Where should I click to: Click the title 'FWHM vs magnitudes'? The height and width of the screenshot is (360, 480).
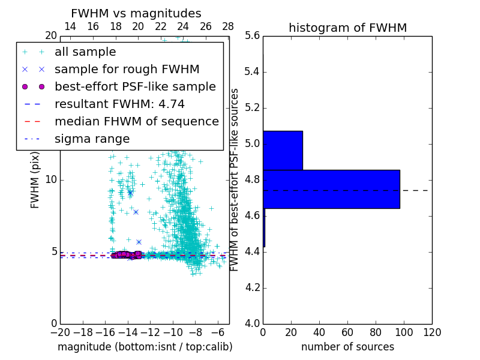coord(136,13)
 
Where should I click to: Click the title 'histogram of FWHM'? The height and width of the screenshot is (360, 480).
coord(347,28)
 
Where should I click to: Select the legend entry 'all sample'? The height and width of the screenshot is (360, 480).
coord(85,52)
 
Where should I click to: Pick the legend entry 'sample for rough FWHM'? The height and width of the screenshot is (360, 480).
coord(127,69)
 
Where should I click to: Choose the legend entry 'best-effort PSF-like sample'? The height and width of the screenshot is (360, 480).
coord(135,86)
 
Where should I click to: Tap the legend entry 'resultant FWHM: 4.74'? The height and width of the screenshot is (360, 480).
coord(119,104)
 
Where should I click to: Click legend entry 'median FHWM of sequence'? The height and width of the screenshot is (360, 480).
coord(136,121)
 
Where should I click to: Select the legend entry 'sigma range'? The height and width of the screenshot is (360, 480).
coord(92,139)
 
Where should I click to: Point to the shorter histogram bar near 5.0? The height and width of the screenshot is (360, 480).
coord(283,150)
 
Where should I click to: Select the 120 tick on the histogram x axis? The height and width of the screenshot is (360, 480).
coord(432,332)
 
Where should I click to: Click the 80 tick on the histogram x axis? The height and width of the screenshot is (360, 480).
coord(376,332)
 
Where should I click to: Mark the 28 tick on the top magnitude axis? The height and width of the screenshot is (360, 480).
coord(228,26)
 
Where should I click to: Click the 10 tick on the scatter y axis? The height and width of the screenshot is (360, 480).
coord(50,180)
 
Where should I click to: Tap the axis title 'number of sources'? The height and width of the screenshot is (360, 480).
coord(347,347)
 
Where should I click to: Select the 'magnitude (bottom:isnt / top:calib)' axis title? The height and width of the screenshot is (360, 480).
coord(145,347)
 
